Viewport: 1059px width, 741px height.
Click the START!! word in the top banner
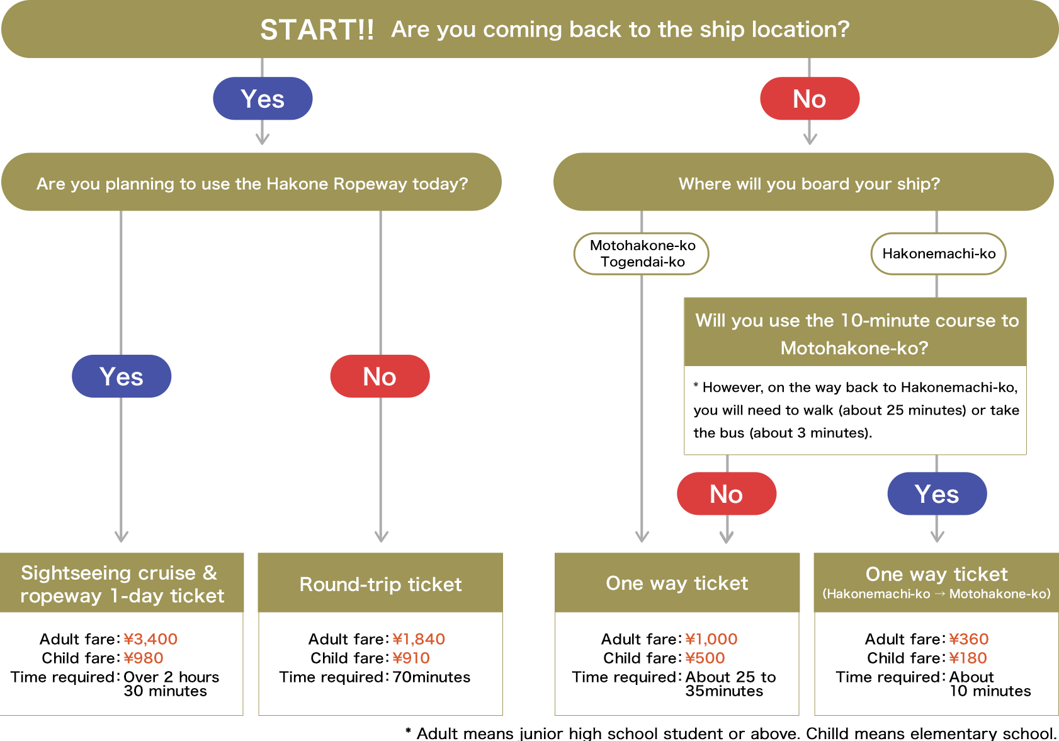click(317, 30)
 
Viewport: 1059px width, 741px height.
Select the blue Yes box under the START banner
click(263, 99)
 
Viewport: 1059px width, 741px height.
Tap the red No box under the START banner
click(809, 99)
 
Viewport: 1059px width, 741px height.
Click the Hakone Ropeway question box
click(252, 183)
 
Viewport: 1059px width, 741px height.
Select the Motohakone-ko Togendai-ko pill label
click(642, 253)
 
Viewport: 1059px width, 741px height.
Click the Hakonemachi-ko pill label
click(938, 253)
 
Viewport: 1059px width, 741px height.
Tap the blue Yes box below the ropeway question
click(122, 376)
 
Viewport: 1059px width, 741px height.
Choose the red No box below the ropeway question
click(380, 376)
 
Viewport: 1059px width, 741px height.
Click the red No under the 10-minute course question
click(727, 494)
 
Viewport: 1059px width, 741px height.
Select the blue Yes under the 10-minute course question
click(937, 494)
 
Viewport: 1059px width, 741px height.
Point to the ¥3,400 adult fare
click(150, 639)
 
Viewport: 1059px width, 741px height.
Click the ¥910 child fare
click(411, 658)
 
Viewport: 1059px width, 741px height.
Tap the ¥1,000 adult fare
click(711, 639)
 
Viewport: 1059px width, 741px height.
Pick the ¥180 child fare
click(968, 658)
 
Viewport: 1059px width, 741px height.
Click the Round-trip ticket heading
click(380, 584)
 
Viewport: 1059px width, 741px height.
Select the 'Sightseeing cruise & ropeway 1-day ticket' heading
click(121, 584)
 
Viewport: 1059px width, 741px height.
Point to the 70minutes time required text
click(431, 677)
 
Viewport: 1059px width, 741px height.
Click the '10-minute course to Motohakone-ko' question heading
click(856, 333)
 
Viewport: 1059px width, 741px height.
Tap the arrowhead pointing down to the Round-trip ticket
click(381, 536)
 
